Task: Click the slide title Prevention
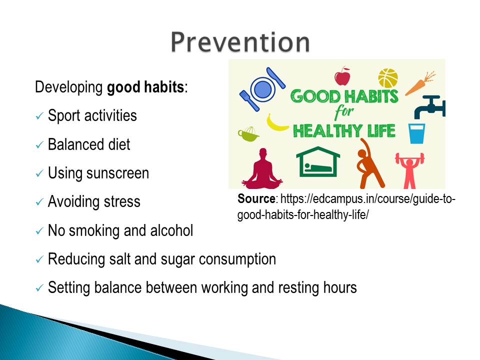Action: (x=240, y=41)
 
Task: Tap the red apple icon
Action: (x=342, y=76)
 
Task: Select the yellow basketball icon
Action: (x=388, y=78)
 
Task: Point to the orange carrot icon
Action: (x=419, y=83)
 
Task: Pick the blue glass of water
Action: (x=416, y=133)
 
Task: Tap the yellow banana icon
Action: (x=276, y=123)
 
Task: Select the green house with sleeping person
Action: (x=318, y=161)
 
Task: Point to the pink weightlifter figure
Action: (x=409, y=170)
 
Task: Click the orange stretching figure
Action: (x=369, y=163)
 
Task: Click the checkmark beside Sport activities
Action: (x=39, y=116)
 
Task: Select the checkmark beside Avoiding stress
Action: (x=39, y=202)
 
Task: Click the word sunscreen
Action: (x=117, y=173)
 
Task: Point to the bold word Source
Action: (x=256, y=199)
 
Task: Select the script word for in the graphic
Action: (x=344, y=112)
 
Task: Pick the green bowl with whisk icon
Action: (x=248, y=134)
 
